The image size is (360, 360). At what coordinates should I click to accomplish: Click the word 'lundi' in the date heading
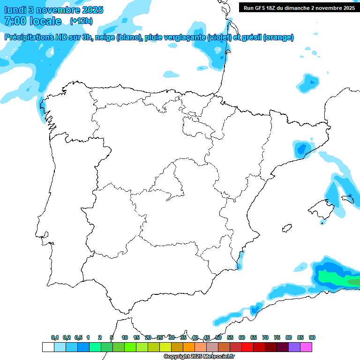15,10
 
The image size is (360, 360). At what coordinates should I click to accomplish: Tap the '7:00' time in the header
13,21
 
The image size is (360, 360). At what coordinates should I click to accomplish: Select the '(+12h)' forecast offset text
81,21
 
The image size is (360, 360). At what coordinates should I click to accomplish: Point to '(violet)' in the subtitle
220,37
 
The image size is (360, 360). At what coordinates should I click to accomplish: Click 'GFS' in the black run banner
262,7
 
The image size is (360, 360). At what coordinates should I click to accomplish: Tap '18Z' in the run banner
276,7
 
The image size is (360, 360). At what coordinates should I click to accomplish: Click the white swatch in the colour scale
48,347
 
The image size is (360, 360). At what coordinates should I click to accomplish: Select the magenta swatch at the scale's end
306,347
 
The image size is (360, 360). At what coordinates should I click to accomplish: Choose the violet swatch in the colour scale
294,347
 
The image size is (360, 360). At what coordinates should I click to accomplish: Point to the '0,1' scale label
55,337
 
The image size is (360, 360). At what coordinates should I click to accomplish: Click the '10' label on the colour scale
125,337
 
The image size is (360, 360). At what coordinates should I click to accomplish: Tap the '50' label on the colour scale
218,337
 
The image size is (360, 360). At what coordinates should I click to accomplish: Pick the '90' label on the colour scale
312,337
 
